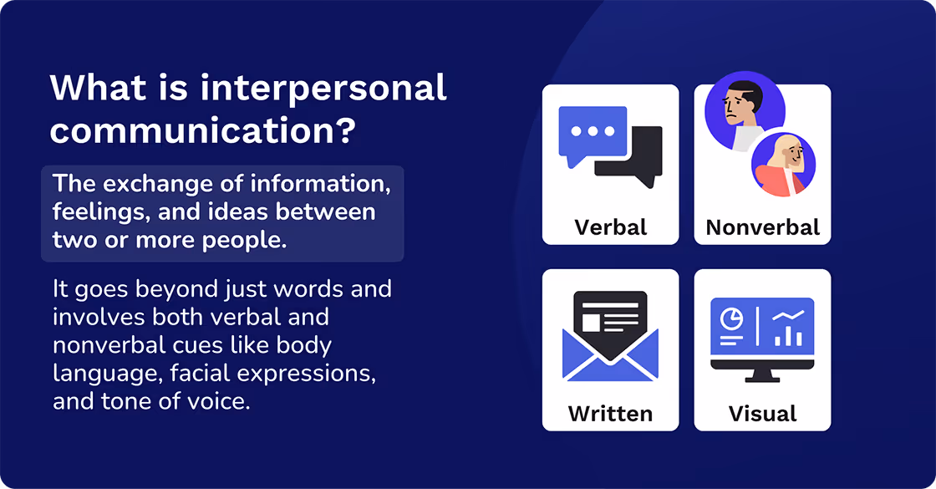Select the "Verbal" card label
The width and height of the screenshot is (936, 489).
point(610,227)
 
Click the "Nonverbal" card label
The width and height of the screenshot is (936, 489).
point(762,227)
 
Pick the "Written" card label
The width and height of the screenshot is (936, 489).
point(610,413)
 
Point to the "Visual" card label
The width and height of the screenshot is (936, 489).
point(762,413)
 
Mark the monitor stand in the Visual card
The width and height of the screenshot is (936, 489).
point(762,375)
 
